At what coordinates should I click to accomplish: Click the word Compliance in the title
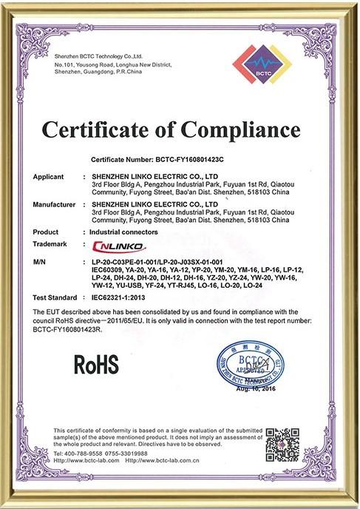tap(225, 132)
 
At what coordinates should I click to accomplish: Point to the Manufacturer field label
tap(55, 203)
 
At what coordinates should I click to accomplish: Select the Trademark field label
tap(50, 243)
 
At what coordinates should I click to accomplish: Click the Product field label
tap(46, 232)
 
